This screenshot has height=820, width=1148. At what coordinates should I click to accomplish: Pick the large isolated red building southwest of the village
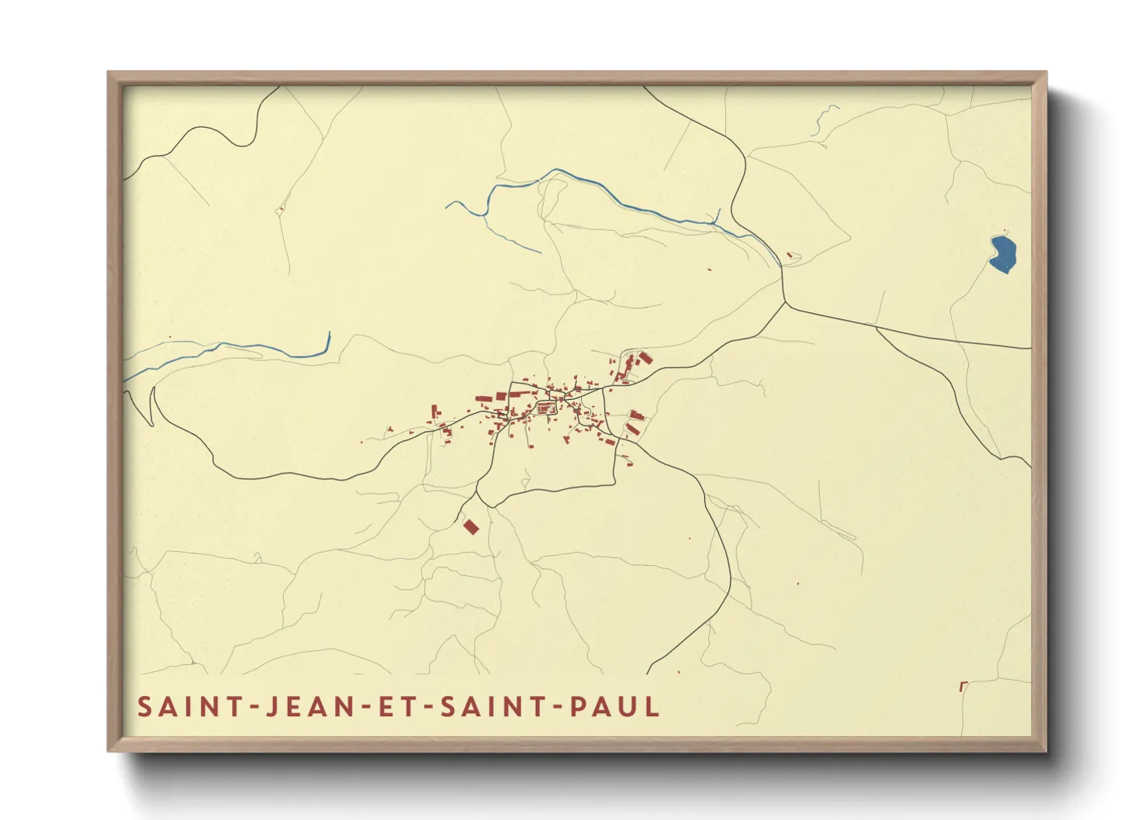[470, 527]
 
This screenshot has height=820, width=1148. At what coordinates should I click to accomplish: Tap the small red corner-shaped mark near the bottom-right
[963, 685]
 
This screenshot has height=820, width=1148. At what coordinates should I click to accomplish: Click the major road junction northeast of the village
[785, 302]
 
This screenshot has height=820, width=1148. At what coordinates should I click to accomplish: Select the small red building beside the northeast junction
[790, 254]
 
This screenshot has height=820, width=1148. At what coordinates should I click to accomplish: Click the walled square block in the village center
[545, 407]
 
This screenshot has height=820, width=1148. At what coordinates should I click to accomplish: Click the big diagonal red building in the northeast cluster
[644, 357]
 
